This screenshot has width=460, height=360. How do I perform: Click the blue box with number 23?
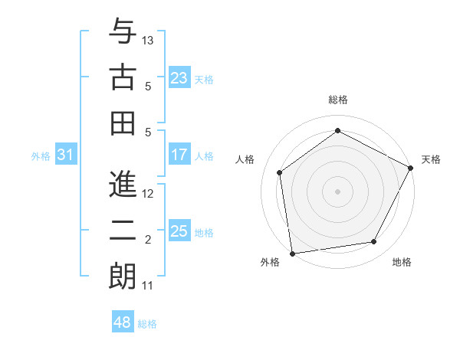click(179, 78)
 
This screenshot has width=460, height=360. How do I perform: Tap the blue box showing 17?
click(179, 155)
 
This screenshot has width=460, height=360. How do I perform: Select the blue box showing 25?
click(179, 231)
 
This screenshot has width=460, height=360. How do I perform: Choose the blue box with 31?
click(65, 155)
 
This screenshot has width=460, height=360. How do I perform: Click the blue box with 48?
click(122, 322)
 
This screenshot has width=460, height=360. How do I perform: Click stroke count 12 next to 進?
click(148, 194)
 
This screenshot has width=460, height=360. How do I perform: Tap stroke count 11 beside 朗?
click(148, 286)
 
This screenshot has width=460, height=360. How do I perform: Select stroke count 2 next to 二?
click(148, 240)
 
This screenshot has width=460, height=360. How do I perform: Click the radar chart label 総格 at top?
click(338, 100)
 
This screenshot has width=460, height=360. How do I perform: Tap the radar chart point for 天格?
click(410, 169)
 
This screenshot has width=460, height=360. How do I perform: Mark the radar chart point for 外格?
click(292, 253)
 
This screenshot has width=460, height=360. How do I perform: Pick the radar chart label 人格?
click(245, 159)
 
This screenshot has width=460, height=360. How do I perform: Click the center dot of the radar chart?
click(337, 191)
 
